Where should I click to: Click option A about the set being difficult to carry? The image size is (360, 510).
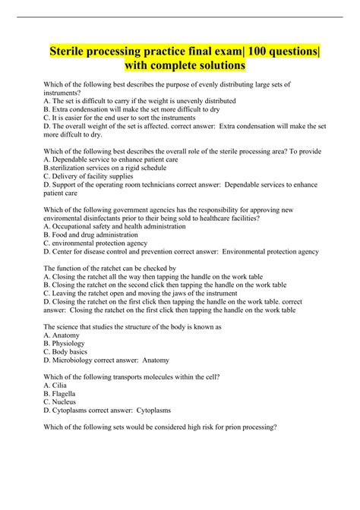pos(140,100)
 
